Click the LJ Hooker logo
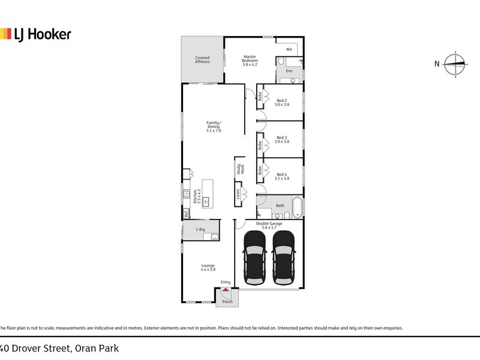[35, 34]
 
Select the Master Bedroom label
[250, 60]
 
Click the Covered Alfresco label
[202, 60]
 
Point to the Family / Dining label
[214, 127]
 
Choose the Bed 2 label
[282, 102]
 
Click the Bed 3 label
[282, 140]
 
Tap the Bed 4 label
[282, 176]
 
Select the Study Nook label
[238, 169]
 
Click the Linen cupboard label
[238, 195]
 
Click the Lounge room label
[208, 268]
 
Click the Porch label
[227, 301]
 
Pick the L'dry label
[200, 229]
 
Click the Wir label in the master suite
[289, 49]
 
